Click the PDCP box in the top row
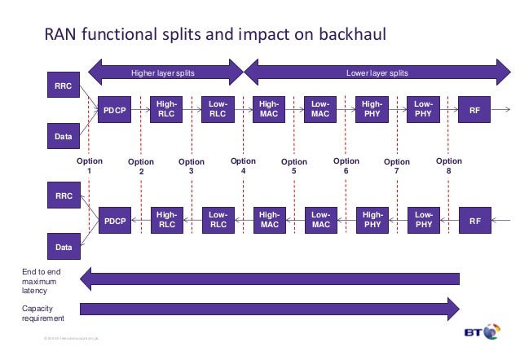[115, 110]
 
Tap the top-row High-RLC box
[166, 110]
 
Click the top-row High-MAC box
[269, 110]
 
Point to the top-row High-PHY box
[372, 110]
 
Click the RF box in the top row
[475, 110]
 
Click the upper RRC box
[63, 86]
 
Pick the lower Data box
[63, 244]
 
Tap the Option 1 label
[89, 166]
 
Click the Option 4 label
[244, 166]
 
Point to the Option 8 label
[448, 166]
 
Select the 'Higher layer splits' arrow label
[170, 73]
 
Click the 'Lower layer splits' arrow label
[377, 73]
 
